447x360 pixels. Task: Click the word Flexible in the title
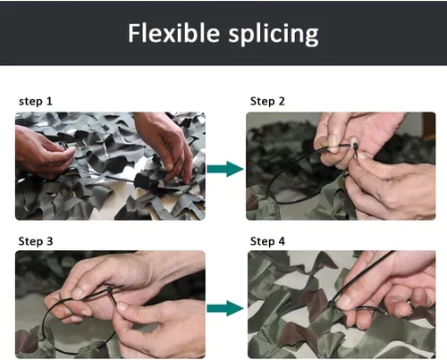point(173,33)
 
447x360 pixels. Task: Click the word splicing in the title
point(274,35)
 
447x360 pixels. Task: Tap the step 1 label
point(36,101)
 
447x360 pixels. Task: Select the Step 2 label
point(267,101)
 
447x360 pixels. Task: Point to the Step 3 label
point(36,241)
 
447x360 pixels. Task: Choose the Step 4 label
point(267,241)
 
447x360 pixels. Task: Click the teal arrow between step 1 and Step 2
point(225,169)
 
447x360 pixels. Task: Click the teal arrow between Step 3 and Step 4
point(225,308)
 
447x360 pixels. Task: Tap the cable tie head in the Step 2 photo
point(356,147)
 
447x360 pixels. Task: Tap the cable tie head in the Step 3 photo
point(110,290)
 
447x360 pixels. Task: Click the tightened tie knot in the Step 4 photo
point(332,305)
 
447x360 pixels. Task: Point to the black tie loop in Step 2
point(268,186)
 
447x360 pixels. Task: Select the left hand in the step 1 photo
point(45,152)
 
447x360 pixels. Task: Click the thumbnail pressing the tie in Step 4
point(345,302)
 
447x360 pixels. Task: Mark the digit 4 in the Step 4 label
point(282,241)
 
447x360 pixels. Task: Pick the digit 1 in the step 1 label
point(49,101)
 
